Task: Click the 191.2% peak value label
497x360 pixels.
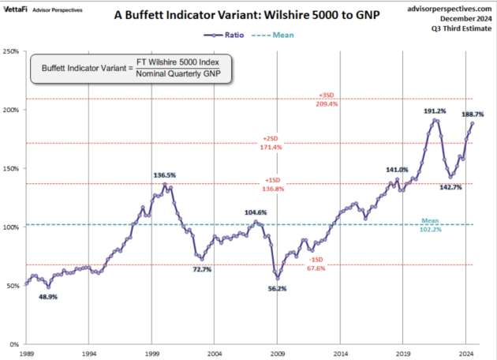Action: [435, 111]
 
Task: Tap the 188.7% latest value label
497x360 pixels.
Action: [473, 114]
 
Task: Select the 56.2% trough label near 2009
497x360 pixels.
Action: [278, 289]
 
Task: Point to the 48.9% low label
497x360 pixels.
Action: [48, 297]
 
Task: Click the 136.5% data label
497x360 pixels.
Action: [165, 175]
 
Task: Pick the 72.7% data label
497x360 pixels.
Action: [202, 269]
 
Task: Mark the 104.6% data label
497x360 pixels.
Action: [256, 212]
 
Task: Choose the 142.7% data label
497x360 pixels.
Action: [450, 187]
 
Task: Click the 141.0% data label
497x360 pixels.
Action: [397, 170]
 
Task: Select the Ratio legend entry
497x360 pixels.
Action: [224, 36]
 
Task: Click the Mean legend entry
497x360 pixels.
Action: [273, 36]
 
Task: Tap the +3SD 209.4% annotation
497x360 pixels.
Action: [327, 99]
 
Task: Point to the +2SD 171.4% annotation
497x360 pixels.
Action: [271, 143]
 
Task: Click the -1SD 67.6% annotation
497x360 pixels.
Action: [316, 264]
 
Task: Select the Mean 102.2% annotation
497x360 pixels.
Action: [430, 225]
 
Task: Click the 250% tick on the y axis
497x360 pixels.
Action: [11, 51]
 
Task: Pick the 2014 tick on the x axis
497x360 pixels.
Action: [340, 354]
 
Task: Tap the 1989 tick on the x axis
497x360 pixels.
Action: [26, 354]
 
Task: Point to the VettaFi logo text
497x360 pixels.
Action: [16, 9]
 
